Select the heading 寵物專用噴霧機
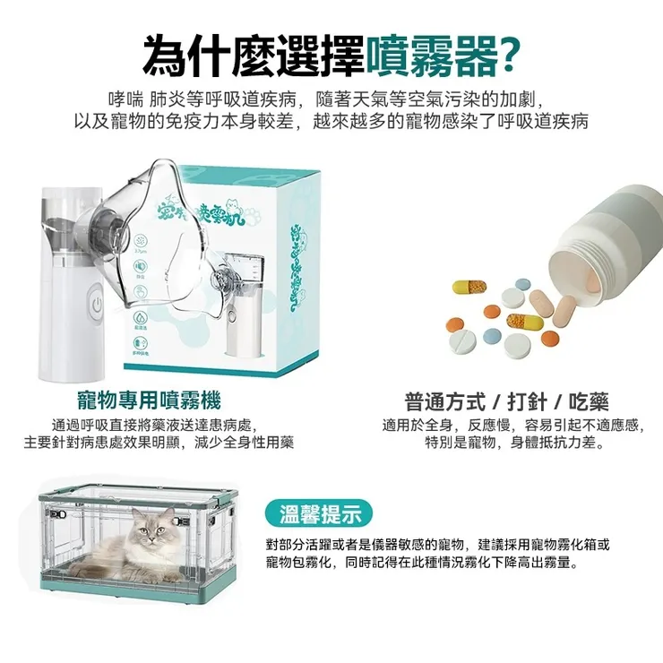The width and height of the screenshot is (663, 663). (x=149, y=400)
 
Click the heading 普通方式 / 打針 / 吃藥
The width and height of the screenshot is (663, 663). (x=506, y=400)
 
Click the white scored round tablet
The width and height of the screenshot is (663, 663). (x=463, y=341)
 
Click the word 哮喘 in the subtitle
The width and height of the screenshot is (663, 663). (x=123, y=98)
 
